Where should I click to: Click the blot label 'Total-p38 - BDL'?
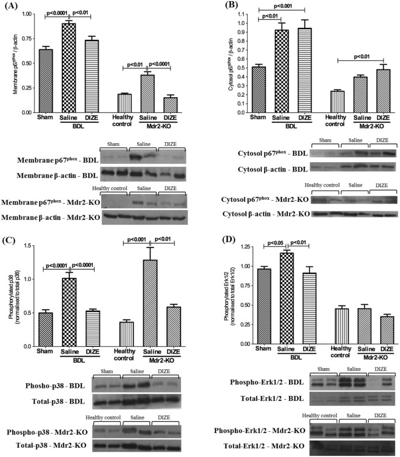53,402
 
